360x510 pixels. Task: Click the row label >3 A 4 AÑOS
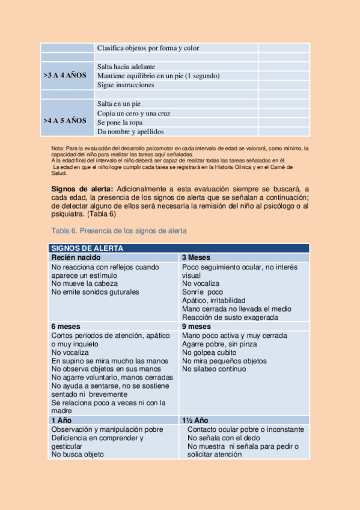coord(65,76)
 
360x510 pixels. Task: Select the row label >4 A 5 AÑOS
coord(65,120)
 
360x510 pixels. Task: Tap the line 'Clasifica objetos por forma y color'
coord(148,48)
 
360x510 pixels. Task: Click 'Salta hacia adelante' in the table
coord(126,67)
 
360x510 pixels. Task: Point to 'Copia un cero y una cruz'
coord(133,113)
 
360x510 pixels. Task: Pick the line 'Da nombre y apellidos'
coord(130,131)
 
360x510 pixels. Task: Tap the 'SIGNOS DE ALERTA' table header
coord(87,248)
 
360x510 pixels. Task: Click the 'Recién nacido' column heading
coord(76,257)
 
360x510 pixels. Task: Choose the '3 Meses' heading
coord(196,257)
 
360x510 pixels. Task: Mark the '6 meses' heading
coord(66,327)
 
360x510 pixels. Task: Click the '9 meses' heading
coord(197,327)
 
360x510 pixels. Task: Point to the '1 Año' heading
coord(61,420)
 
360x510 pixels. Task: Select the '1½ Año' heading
coord(195,420)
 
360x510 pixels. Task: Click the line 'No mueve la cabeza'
coord(85,283)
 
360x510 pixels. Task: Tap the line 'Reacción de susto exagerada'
coord(230,318)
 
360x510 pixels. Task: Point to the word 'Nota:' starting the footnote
coord(58,148)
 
